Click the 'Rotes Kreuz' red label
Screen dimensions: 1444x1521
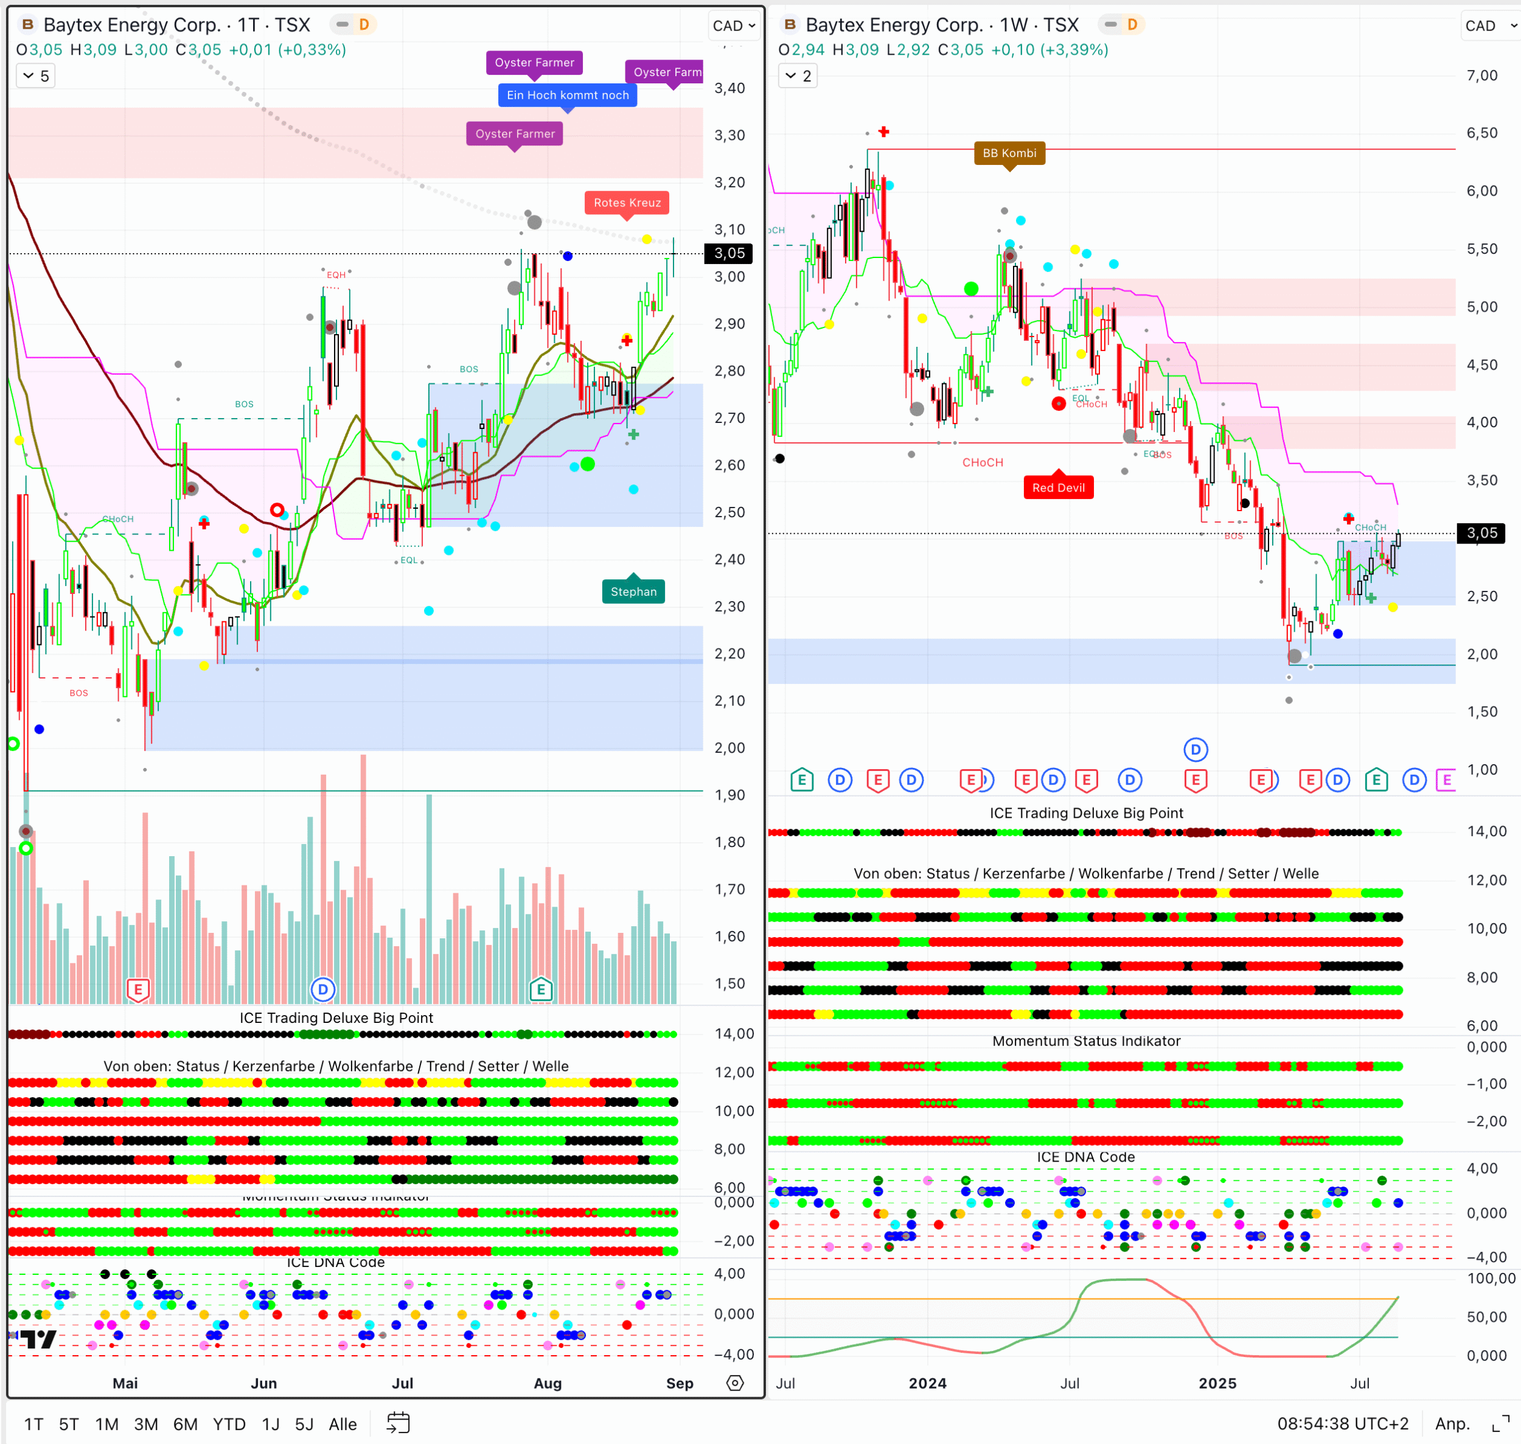627,203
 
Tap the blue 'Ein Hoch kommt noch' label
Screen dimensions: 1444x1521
567,95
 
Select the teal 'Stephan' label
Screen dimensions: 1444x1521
633,591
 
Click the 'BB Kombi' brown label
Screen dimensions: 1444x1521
1009,152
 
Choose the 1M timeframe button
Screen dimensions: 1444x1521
106,1424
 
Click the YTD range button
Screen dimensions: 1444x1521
229,1424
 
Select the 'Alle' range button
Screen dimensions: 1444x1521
343,1424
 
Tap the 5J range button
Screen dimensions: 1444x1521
304,1424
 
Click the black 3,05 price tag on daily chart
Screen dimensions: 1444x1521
728,253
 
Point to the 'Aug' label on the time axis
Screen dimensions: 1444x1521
548,1383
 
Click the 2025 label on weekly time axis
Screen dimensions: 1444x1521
1217,1383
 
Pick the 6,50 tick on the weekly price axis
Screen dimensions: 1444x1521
1481,133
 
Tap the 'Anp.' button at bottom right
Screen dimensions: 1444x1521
1452,1424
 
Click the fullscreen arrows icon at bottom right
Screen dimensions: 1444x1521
1500,1424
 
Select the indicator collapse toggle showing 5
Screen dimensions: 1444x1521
35,75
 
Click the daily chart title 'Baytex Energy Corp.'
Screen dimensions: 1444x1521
131,24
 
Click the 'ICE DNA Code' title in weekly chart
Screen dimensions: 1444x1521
1085,1157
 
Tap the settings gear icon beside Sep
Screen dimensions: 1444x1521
735,1383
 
